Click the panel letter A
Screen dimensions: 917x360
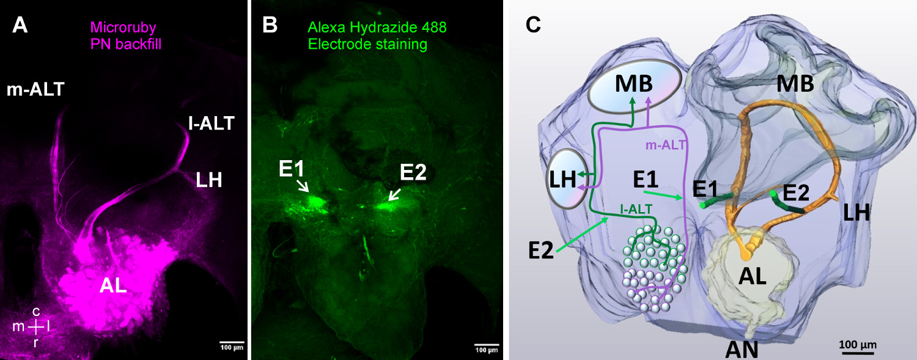click(20, 26)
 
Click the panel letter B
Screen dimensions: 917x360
click(270, 26)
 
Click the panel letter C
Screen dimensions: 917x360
click(533, 26)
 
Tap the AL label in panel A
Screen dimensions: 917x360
click(113, 287)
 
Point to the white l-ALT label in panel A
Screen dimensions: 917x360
click(211, 125)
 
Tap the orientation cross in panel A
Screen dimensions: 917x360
click(36, 327)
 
